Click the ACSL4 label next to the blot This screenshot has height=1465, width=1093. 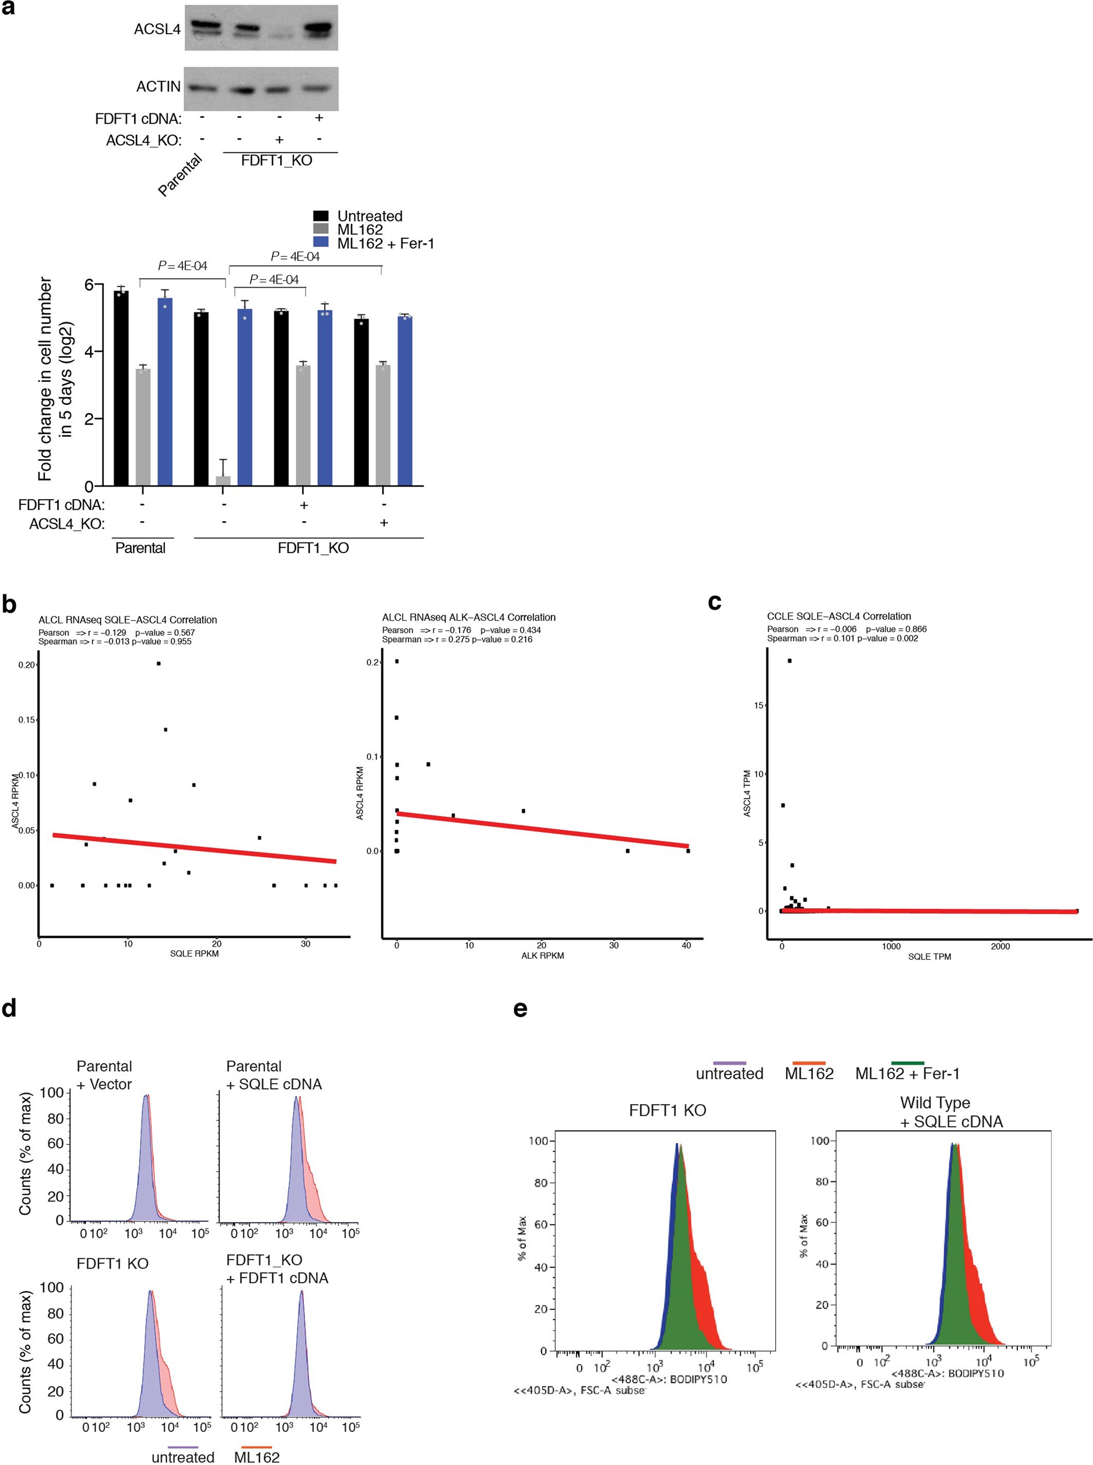(157, 29)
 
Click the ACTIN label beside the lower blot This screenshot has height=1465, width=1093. (158, 87)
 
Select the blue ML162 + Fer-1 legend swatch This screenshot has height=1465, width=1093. (321, 243)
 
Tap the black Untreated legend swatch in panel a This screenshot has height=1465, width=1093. (321, 216)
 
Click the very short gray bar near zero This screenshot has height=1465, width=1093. (223, 481)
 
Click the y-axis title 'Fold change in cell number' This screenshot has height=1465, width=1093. (45, 378)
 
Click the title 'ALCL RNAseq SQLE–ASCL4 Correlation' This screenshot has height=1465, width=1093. (128, 620)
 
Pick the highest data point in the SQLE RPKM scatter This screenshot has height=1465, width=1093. (159, 663)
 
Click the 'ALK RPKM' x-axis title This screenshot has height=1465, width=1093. (542, 955)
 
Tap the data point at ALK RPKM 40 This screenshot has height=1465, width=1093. (688, 851)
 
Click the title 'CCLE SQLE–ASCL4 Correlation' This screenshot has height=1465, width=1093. (839, 616)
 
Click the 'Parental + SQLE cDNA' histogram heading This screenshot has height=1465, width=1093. (273, 1075)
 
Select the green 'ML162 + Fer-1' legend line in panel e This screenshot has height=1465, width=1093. (907, 1063)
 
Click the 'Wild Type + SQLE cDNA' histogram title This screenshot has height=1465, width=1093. (951, 1112)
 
